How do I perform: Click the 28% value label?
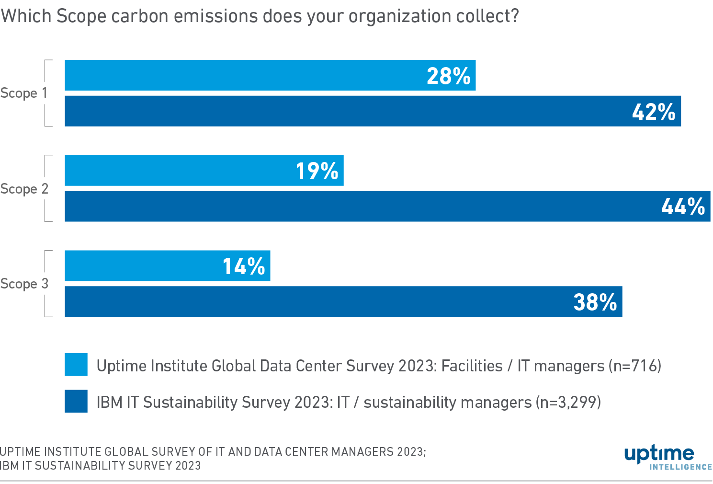pos(448,76)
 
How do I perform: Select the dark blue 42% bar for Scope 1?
pos(335,111)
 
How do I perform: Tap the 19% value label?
pos(317,171)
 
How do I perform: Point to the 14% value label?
pos(244,266)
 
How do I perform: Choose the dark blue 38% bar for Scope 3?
pos(311,302)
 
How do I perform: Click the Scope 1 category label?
pos(24,93)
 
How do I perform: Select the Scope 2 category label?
pos(24,189)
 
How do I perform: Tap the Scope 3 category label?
pos(24,284)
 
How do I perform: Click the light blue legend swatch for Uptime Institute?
pos(76,365)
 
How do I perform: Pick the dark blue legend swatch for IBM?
pos(76,401)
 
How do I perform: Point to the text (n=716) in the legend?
pos(635,366)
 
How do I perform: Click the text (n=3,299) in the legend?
pos(568,402)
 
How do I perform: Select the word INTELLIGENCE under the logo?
pos(680,467)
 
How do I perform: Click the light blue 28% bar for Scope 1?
pos(239,75)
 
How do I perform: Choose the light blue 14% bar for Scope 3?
pos(144,266)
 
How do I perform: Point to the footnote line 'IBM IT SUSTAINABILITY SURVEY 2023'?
pos(101,466)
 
